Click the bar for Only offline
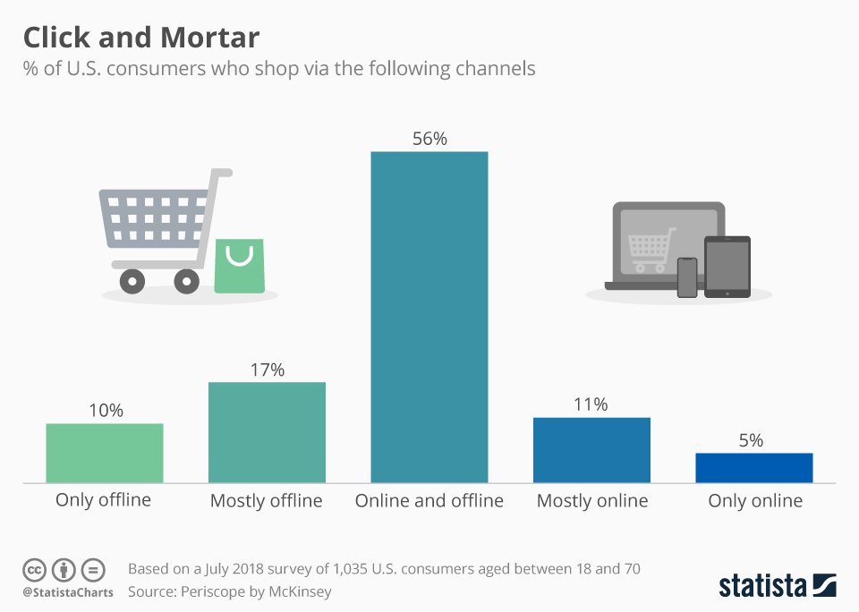105,453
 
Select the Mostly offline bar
267,432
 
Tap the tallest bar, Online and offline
429,317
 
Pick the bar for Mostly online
591,450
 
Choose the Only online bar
754,467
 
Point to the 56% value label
429,139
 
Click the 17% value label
267,370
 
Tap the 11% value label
591,404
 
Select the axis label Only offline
104,499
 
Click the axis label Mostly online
591,500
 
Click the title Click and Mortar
141,38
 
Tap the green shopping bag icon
239,266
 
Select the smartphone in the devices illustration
687,277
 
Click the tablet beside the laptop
727,267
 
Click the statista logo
777,586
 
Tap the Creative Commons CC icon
34,570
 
